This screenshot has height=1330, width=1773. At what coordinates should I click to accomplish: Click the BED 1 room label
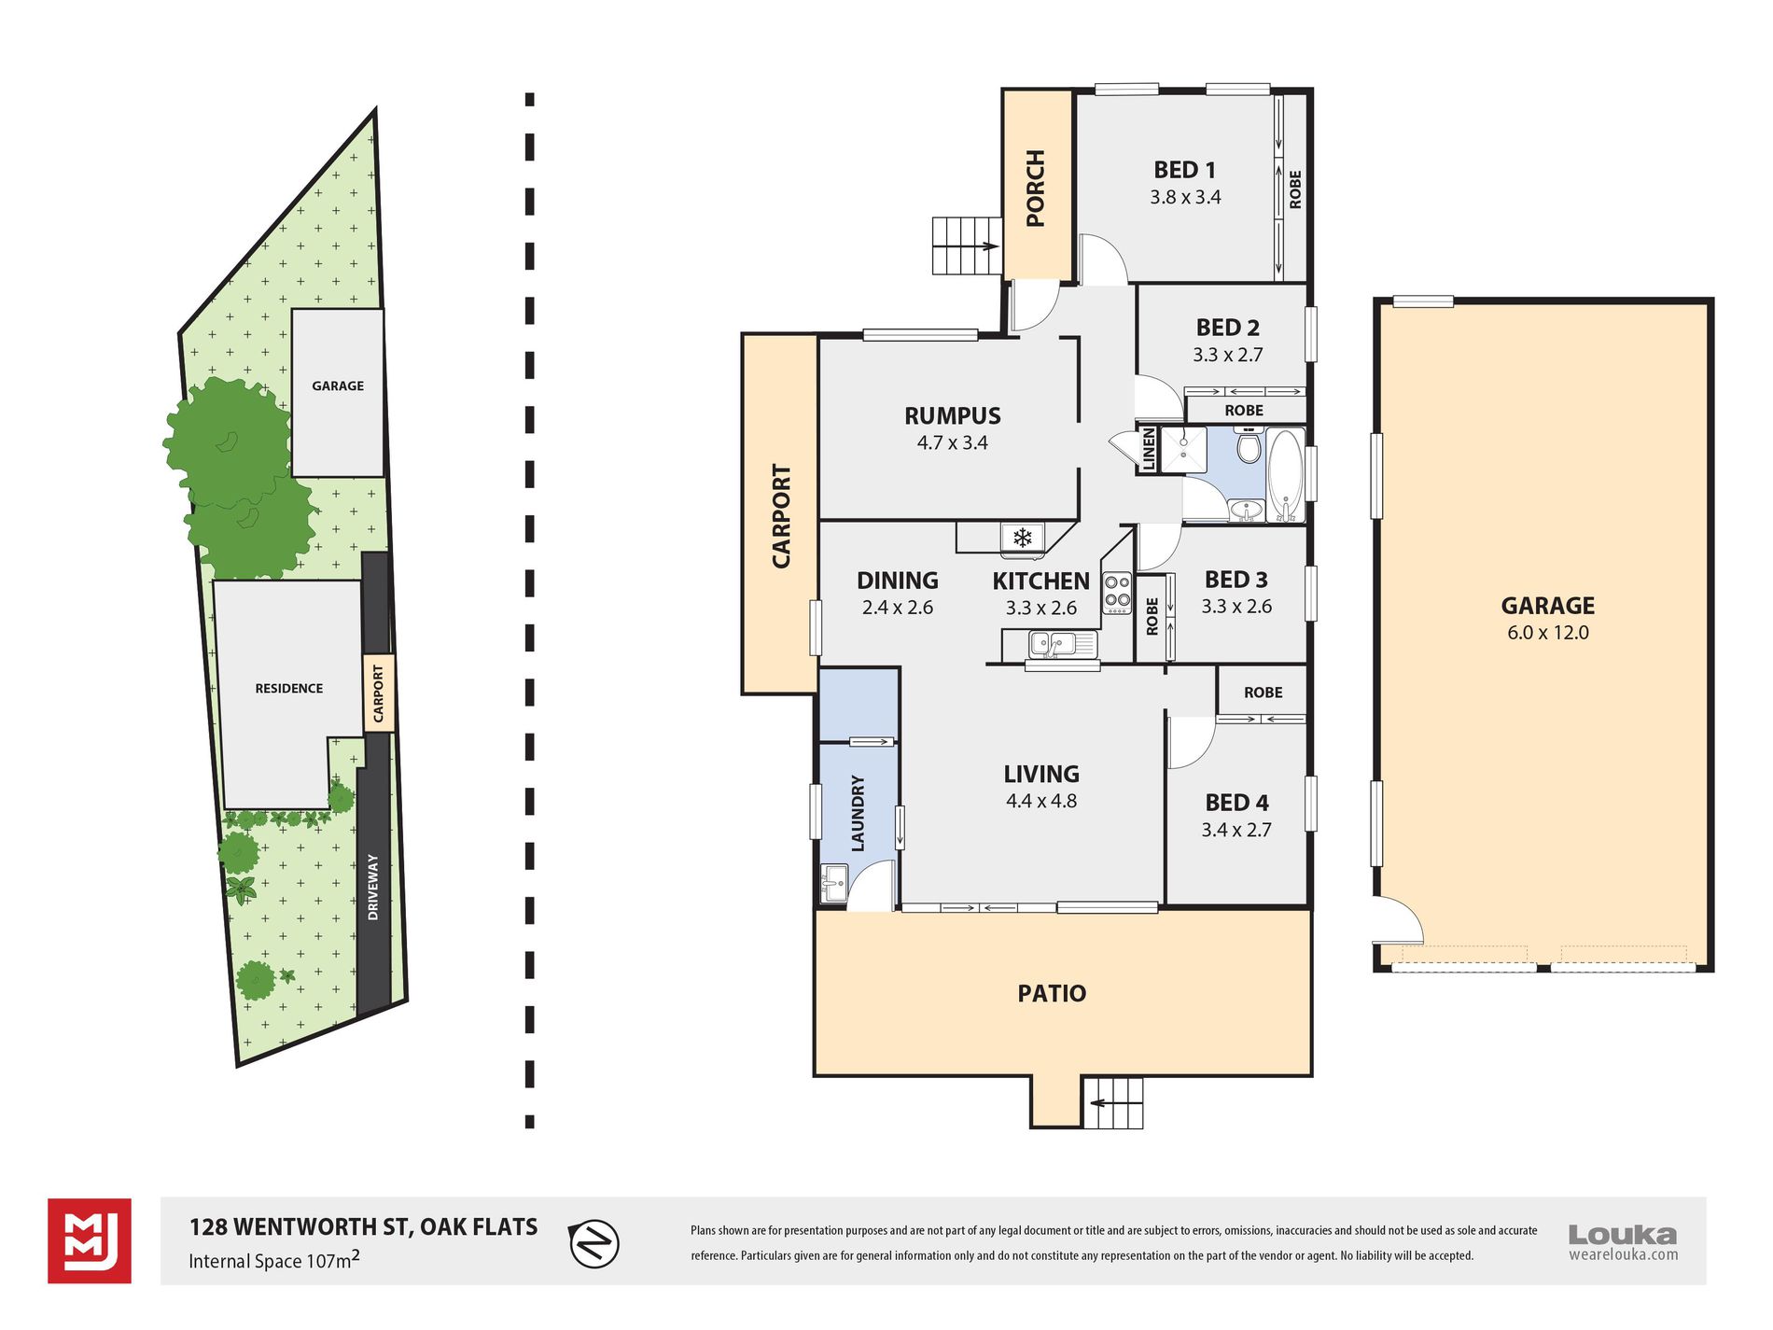coord(1184,170)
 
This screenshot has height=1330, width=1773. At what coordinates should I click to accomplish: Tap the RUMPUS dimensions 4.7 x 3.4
coord(952,442)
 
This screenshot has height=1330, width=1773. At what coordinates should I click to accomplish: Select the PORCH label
coord(1036,188)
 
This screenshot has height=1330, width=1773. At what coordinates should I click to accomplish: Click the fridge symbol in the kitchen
coord(1022,538)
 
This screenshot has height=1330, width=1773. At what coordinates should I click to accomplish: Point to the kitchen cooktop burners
coord(1117,592)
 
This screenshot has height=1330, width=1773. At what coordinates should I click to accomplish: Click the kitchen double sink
coord(1051,643)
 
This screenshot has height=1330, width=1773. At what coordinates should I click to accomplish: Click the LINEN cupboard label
coord(1149,450)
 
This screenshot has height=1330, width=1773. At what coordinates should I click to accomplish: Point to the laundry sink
coord(833,882)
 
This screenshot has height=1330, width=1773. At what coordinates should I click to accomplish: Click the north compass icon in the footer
coord(593,1243)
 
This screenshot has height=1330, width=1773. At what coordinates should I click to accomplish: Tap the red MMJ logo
coord(90,1241)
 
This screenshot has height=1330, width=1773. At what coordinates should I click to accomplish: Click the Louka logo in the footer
coord(1623,1242)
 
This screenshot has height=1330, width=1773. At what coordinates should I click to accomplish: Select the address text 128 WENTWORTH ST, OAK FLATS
coord(364,1226)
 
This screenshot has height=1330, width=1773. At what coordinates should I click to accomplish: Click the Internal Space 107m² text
coord(274,1260)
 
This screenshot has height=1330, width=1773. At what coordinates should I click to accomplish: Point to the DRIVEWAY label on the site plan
coord(373,887)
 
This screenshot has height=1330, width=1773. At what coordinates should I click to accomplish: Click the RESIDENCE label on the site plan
coord(289,688)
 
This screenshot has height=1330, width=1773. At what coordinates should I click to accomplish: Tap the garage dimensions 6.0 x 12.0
coord(1547,632)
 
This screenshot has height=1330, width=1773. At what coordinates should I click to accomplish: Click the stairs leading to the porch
coord(967,245)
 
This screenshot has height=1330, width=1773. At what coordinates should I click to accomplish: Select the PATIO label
coord(1052,993)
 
